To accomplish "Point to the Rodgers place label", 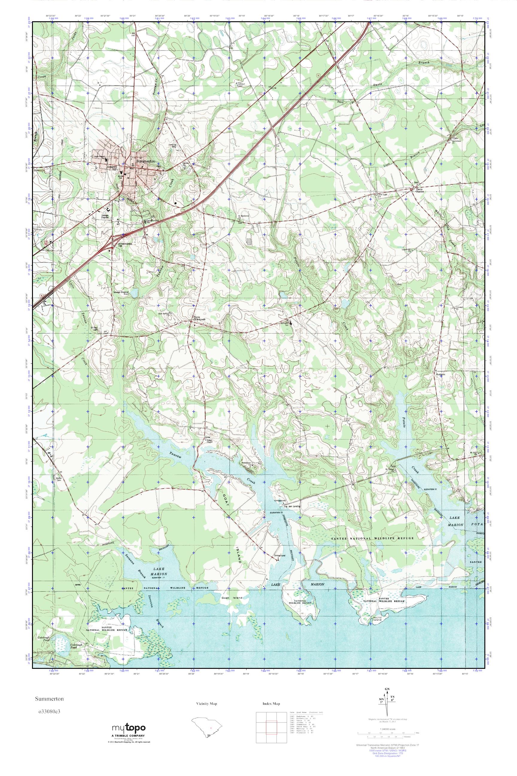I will click(x=441, y=375).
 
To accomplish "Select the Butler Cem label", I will click(x=59, y=479).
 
